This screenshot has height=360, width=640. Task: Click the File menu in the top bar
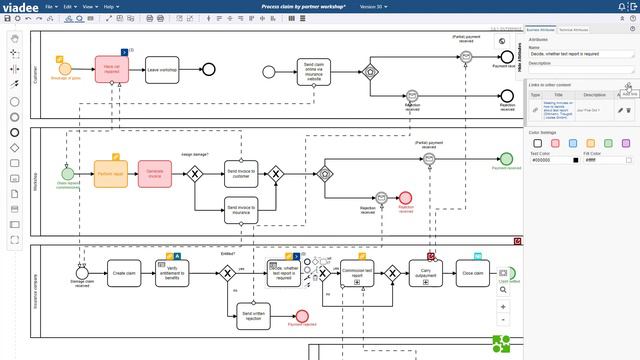click(x=49, y=6)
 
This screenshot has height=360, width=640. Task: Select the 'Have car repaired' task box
click(x=113, y=69)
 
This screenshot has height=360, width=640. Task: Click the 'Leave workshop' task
click(x=161, y=70)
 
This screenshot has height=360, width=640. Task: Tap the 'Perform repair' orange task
click(x=111, y=173)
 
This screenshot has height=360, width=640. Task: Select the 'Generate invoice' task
click(x=155, y=173)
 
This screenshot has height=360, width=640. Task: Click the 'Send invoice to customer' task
click(x=241, y=172)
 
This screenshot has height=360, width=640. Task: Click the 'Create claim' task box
click(x=123, y=272)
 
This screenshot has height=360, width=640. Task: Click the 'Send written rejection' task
click(x=253, y=318)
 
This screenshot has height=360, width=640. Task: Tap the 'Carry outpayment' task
click(x=425, y=272)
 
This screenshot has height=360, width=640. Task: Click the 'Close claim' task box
click(x=472, y=272)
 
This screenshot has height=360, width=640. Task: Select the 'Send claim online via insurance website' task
click(x=313, y=71)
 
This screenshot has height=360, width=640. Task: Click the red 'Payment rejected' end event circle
click(x=299, y=319)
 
